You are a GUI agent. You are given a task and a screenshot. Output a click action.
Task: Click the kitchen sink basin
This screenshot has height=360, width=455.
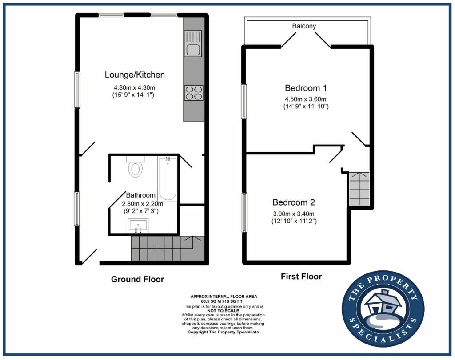click(x=193, y=50)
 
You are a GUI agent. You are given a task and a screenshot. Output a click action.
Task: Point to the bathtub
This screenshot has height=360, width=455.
click(x=168, y=179)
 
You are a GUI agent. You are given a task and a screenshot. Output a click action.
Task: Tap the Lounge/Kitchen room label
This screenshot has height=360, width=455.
click(x=135, y=75)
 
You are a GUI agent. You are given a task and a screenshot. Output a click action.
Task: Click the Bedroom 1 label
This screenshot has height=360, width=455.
click(x=306, y=88)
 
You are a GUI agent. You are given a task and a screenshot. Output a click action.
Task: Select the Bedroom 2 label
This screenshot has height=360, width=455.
click(x=294, y=202)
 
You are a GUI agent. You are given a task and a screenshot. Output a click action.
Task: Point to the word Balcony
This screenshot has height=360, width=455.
click(x=304, y=26)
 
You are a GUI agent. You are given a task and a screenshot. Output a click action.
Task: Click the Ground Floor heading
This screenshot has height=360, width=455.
click(x=138, y=279)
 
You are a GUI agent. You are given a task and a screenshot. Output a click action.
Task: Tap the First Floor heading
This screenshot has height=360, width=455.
click(x=301, y=277)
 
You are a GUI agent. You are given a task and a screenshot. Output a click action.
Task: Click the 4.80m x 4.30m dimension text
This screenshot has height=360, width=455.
click(x=134, y=87)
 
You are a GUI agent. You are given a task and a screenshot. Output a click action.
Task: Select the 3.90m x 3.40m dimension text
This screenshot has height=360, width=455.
click(x=294, y=214)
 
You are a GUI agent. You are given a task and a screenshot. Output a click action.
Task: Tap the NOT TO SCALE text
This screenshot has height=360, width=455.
click(x=223, y=310)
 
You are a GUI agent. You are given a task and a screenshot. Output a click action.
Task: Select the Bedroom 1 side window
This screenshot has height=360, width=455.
click(x=244, y=102)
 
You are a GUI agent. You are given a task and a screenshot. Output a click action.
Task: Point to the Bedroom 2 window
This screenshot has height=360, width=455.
click(x=244, y=213)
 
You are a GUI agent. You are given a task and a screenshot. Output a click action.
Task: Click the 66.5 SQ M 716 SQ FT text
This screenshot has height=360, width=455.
click(x=224, y=301)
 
